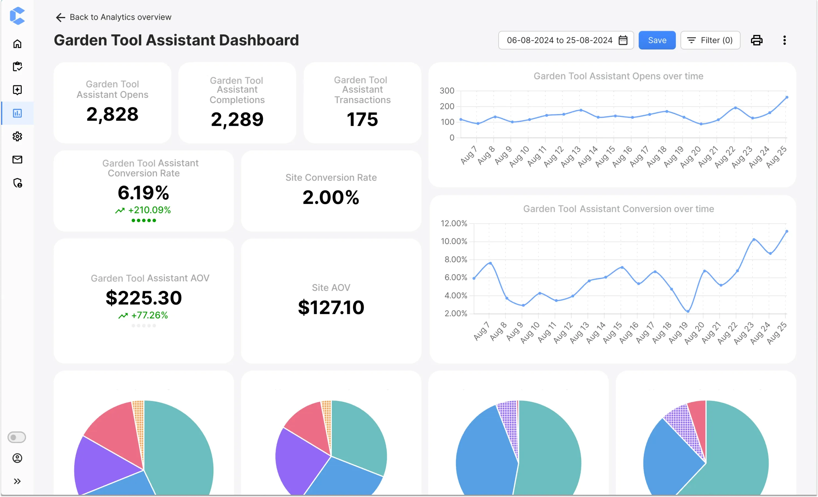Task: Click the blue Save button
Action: tap(657, 40)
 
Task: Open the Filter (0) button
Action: tap(710, 40)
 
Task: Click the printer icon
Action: tap(757, 40)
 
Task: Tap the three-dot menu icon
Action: tap(784, 40)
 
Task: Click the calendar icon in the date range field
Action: tap(623, 40)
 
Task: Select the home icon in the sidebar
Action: tap(17, 44)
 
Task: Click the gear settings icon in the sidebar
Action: tap(17, 136)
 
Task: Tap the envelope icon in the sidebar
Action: tap(17, 160)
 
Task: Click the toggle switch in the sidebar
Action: tap(17, 437)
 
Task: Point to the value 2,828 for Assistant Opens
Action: tap(112, 114)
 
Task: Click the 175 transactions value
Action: tap(362, 119)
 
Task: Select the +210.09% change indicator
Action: tap(149, 210)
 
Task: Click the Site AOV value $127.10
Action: tap(331, 307)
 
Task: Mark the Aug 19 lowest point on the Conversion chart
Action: tap(688, 311)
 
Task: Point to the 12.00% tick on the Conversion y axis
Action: tap(453, 223)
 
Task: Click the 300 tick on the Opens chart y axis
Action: tap(447, 90)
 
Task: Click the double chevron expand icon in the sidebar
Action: tap(17, 481)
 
